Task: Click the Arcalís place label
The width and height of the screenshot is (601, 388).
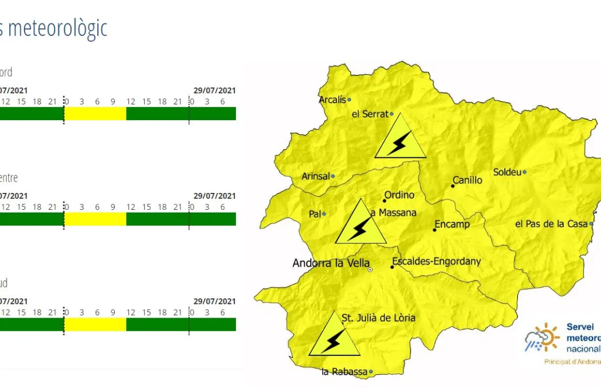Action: point(332,99)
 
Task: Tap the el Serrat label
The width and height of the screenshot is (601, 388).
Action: point(369,114)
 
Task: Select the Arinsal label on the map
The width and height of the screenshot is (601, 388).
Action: point(315,177)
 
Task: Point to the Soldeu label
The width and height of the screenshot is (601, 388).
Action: point(506,172)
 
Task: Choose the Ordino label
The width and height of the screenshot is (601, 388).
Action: point(399,195)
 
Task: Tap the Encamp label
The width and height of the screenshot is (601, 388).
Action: point(452,224)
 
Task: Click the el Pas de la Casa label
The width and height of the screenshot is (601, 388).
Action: point(551,224)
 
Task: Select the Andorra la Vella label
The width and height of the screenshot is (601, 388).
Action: point(331,263)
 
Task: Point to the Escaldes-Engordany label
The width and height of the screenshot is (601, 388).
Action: point(437,261)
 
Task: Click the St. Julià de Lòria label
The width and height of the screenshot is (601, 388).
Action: point(378,318)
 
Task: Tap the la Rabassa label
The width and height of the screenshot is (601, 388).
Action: point(344,372)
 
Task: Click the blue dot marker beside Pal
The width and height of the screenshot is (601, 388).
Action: point(324,214)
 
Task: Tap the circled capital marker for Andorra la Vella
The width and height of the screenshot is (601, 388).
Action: point(370,269)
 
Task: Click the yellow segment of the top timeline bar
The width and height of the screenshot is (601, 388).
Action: point(96,114)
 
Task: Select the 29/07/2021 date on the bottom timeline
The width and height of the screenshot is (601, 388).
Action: point(214,302)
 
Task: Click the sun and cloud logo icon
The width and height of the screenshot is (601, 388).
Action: point(542,338)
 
